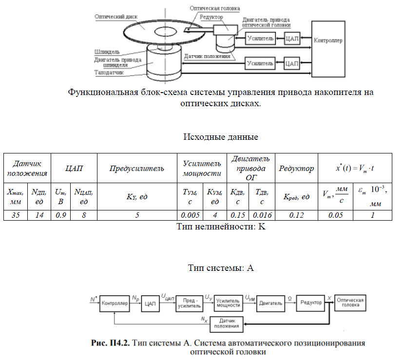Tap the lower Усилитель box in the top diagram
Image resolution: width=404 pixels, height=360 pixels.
[x=260, y=63]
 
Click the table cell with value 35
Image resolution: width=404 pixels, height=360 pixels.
[x=16, y=215]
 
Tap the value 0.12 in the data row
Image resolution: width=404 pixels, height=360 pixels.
[x=297, y=215]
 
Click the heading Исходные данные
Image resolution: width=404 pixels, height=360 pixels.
[x=220, y=136]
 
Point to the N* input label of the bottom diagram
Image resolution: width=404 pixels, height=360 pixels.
[x=93, y=297]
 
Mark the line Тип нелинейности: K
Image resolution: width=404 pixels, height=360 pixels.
[x=220, y=226]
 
